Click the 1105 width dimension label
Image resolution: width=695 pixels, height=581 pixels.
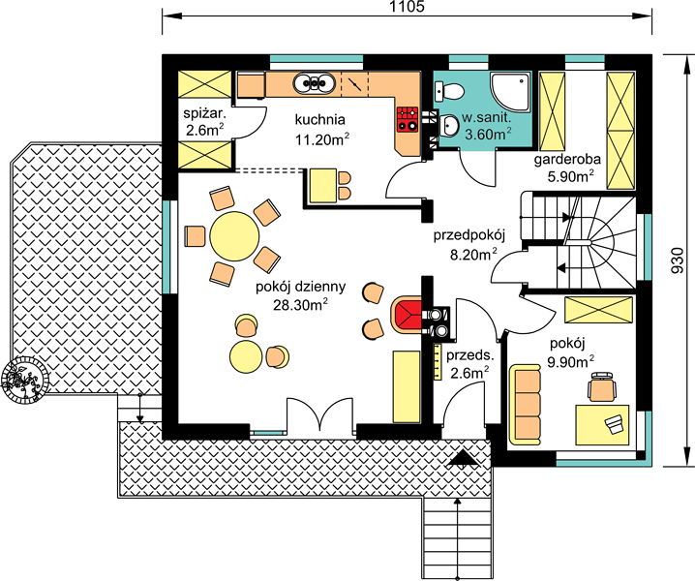[407, 6]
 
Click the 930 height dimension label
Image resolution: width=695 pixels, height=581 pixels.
[678, 260]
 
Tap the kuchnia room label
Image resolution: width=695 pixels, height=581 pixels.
[320, 120]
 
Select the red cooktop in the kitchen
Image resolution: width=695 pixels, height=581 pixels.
[408, 119]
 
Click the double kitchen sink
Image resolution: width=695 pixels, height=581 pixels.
[315, 83]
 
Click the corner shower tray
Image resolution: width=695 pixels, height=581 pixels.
[510, 92]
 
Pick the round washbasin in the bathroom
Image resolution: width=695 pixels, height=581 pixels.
[450, 126]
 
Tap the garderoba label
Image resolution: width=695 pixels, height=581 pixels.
[567, 159]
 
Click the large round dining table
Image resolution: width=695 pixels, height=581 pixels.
[234, 236]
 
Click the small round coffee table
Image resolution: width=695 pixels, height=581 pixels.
[246, 356]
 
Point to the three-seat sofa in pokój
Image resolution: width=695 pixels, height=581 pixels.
[526, 404]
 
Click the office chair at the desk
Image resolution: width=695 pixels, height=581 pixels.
[602, 386]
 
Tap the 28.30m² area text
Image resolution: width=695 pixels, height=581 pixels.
[300, 306]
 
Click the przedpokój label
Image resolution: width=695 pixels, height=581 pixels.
[469, 235]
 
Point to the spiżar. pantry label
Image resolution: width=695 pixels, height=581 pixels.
[205, 113]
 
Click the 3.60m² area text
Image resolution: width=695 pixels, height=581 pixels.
[488, 134]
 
